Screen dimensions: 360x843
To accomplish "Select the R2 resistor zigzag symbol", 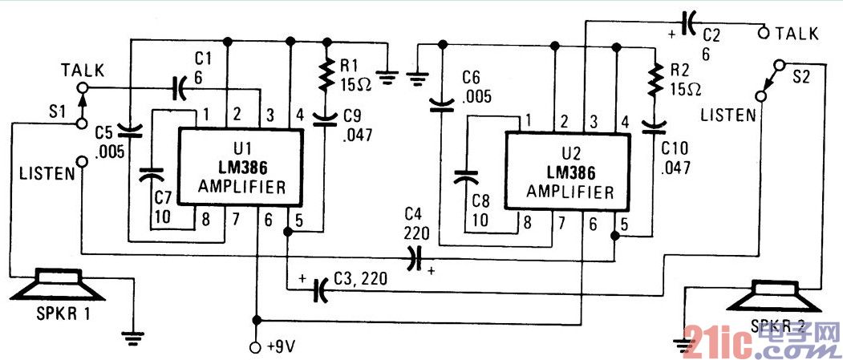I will click(655, 80).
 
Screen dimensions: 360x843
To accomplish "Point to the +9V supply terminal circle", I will click(256, 347).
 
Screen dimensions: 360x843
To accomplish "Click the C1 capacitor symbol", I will click(179, 87).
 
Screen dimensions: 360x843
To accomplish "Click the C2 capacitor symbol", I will click(687, 24).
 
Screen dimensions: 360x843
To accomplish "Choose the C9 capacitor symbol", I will click(325, 120).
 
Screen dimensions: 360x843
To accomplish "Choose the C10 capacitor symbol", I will click(655, 124).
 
